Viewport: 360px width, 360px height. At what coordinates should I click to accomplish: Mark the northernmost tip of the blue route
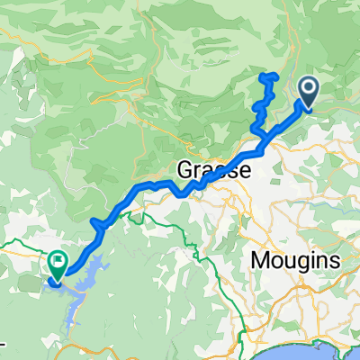[x=267, y=76]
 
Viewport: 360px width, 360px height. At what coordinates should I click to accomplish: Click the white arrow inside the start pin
[x=308, y=88]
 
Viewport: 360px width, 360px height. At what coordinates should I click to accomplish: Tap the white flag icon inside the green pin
[x=58, y=263]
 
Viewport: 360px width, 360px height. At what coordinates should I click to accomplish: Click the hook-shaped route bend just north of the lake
[x=95, y=222]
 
